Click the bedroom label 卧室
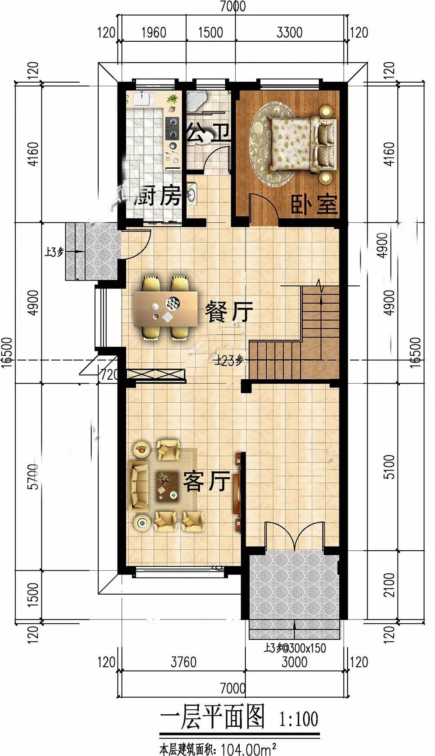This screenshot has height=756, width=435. (x=314, y=204)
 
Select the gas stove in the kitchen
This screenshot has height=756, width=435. (x=173, y=129)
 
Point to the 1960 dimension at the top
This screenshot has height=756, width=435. (x=154, y=33)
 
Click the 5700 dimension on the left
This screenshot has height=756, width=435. (x=33, y=476)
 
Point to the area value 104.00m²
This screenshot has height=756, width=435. (x=249, y=749)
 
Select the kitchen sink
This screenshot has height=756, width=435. (x=192, y=194)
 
